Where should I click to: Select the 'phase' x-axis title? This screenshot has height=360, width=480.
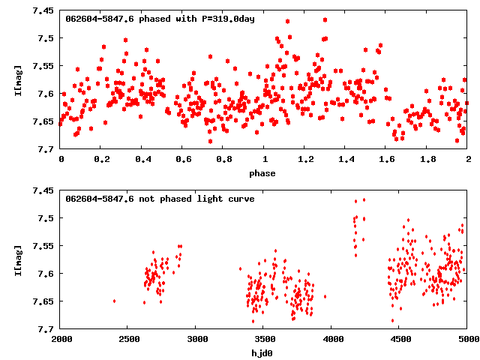[x=262, y=173]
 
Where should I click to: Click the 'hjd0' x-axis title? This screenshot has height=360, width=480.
[x=262, y=353]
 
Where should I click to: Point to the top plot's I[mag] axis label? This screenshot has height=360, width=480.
[x=18, y=82]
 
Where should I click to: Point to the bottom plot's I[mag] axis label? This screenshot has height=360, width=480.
[x=18, y=262]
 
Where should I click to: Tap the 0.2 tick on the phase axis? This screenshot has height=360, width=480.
[x=100, y=160]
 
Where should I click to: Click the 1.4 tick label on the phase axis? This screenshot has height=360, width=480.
[x=345, y=160]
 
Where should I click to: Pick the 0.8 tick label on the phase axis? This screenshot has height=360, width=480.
[x=223, y=160]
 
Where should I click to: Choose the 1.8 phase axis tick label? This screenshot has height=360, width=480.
[x=427, y=160]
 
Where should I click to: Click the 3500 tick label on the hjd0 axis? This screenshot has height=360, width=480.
[x=263, y=340]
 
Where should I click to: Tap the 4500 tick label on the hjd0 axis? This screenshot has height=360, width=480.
[x=399, y=340]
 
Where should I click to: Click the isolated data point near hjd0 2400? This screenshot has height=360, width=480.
[x=114, y=301]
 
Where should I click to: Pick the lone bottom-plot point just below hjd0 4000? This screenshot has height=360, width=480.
[x=325, y=296]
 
